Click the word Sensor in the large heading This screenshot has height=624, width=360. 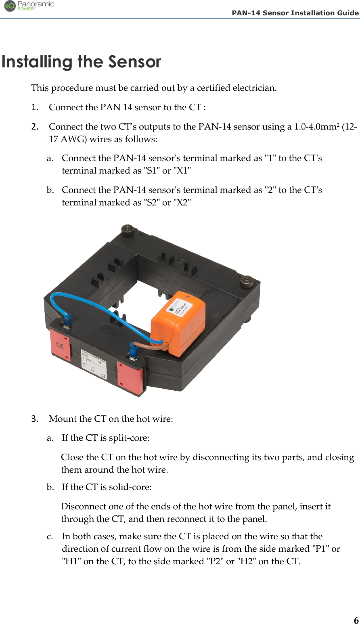point(134,62)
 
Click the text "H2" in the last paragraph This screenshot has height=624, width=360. point(245,561)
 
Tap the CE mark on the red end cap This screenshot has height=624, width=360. point(60,346)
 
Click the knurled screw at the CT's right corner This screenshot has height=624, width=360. point(246,281)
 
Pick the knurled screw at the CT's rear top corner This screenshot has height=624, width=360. point(128,229)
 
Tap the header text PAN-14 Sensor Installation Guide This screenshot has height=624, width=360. point(295,13)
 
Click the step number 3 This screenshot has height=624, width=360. point(35,419)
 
